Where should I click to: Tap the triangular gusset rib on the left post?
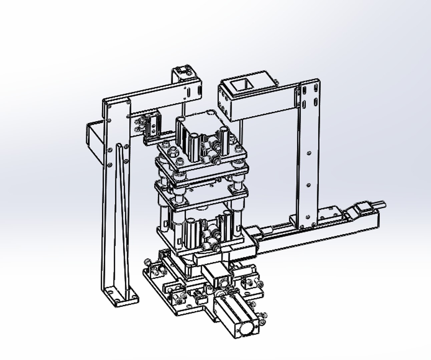pos(121,213)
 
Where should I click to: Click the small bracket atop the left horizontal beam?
pos(183,73)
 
